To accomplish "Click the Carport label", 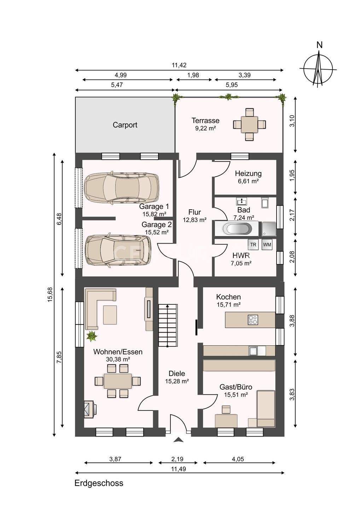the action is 125,125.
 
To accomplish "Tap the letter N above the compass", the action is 320,46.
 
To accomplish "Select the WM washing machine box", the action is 267,245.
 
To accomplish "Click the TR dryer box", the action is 253,245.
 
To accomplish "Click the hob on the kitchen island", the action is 253,320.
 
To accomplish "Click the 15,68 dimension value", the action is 50,295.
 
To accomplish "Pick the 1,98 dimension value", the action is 193,75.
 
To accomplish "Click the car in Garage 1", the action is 121,187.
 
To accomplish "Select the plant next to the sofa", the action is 92,336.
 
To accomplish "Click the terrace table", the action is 250,124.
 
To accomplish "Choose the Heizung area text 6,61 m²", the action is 248,181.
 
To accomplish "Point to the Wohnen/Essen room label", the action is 118,352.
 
